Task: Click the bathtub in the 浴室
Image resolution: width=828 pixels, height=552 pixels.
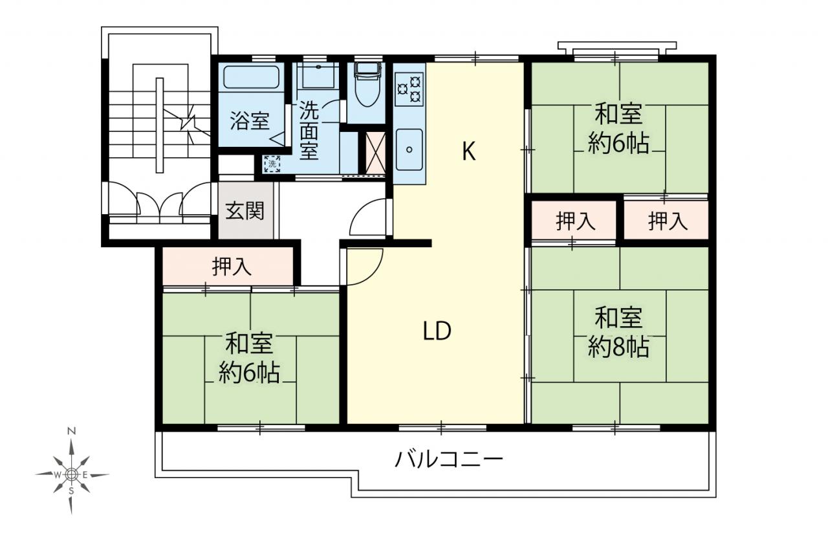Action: [x=252, y=77]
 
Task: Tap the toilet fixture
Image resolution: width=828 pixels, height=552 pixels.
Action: [x=367, y=84]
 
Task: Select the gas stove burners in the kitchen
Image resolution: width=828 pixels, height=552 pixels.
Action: [x=409, y=89]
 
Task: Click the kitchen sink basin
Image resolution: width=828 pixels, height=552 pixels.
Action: [x=409, y=149]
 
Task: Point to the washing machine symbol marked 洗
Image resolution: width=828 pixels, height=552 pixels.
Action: [x=272, y=164]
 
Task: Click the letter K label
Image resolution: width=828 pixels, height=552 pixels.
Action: [x=469, y=151]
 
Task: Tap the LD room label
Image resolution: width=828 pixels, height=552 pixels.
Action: [x=437, y=331]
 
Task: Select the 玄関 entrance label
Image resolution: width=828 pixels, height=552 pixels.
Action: [x=245, y=211]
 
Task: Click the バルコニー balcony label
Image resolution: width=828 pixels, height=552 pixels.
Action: [x=450, y=459]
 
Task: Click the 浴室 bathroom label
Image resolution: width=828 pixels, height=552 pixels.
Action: [x=250, y=121]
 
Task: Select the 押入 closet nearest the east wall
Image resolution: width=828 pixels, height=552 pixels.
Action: [x=668, y=221]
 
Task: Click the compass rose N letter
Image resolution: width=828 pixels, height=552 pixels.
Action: [x=72, y=431]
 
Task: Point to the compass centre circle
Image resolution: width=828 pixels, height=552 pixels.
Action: [x=72, y=474]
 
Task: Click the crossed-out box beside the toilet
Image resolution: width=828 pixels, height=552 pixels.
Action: [x=375, y=152]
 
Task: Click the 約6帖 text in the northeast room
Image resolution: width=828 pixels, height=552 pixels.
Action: [x=618, y=144]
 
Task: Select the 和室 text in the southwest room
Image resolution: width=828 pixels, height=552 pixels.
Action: [x=250, y=343]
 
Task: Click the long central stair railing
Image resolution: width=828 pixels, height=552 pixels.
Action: [x=160, y=125]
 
